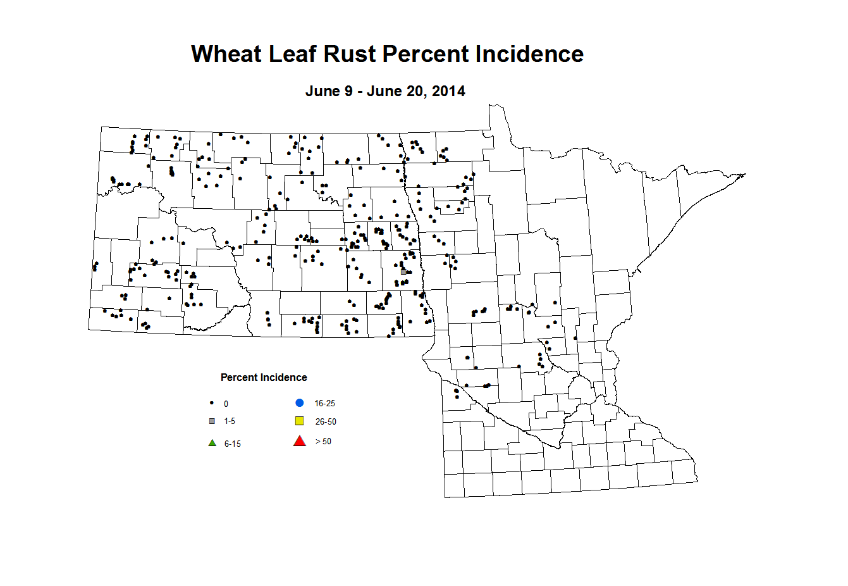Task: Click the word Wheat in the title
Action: [226, 54]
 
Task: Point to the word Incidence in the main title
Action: [529, 54]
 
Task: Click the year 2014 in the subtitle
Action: [448, 91]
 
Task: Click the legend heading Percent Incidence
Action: [264, 378]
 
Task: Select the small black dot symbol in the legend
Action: [212, 403]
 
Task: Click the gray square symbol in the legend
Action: [212, 421]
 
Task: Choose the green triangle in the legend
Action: [212, 443]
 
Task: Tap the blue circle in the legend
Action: [300, 403]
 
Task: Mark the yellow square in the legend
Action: [300, 421]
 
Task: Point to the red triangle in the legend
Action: [300, 441]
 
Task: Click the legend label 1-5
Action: [230, 421]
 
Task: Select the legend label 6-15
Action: [232, 444]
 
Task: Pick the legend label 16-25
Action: [324, 404]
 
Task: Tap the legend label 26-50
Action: [326, 422]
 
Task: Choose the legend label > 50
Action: [323, 442]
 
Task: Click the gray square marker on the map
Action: [403, 271]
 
